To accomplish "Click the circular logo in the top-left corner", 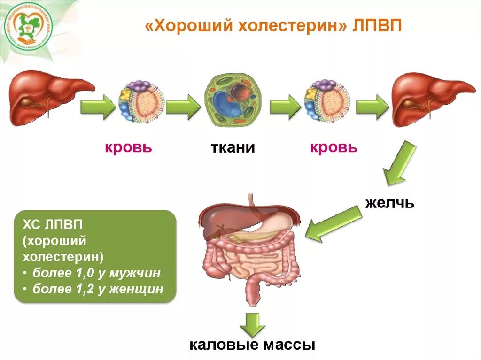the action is pyautogui.click(x=28, y=27).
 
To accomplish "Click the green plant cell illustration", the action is pyautogui.click(x=233, y=101).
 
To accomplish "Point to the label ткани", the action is pyautogui.click(x=233, y=148).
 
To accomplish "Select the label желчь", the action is pyautogui.click(x=390, y=203).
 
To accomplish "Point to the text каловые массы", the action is pyautogui.click(x=252, y=346).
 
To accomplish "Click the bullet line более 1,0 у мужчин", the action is pyautogui.click(x=96, y=273).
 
